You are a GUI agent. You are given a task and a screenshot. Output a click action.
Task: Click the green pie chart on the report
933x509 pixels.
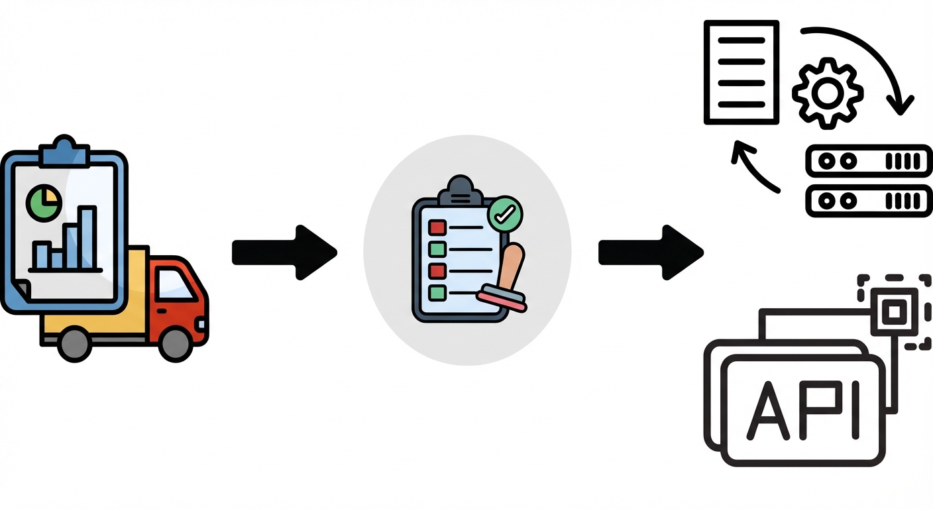pos(44,203)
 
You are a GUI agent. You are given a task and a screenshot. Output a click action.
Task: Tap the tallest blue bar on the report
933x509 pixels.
pos(87,237)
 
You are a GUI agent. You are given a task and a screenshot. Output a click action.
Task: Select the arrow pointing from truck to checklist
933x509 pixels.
pos(285,253)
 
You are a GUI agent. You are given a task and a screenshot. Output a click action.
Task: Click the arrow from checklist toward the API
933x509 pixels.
pos(651,253)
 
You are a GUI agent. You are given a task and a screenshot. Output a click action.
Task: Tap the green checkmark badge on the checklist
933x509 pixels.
pos(505,213)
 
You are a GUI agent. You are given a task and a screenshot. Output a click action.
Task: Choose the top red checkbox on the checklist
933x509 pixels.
pos(437,228)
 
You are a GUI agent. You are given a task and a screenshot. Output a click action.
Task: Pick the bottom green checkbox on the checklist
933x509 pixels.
pos(437,292)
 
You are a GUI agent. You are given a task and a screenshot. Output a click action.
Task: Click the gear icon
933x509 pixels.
pos(828,93)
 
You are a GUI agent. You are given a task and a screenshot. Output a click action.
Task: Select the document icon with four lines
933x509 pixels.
pos(741,72)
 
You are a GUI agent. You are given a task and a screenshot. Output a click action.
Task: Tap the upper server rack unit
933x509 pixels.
pos(869,160)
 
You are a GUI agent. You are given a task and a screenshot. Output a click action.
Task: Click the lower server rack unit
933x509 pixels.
pos(869,201)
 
